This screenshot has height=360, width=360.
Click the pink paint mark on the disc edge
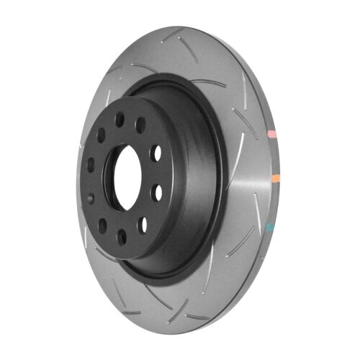click(274, 134)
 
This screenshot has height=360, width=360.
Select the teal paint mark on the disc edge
click(271, 227)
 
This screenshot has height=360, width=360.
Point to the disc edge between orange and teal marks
click(275, 202)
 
